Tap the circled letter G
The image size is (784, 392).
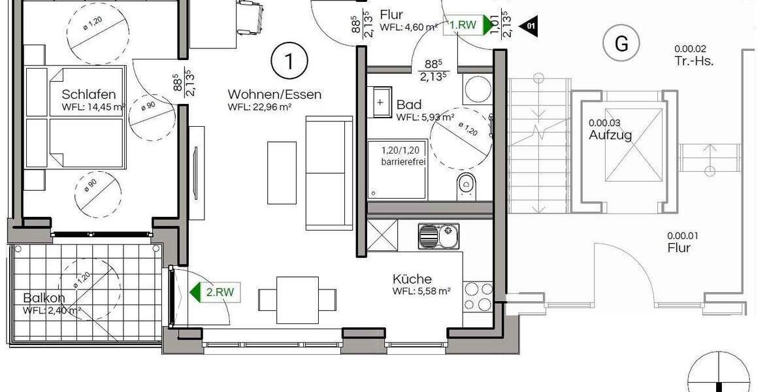coord(621,44)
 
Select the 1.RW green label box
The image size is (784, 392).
coord(462,25)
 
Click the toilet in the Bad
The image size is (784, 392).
coord(466,184)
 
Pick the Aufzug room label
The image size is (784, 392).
coord(610,135)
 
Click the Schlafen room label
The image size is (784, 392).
coord(90,94)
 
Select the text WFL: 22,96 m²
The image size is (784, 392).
coord(259,107)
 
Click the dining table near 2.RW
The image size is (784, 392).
coord(297,297)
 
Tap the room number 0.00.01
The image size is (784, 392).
coord(683,236)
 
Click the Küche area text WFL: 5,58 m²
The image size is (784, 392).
coord(421,291)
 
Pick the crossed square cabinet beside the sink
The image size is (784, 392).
coord(382,235)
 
